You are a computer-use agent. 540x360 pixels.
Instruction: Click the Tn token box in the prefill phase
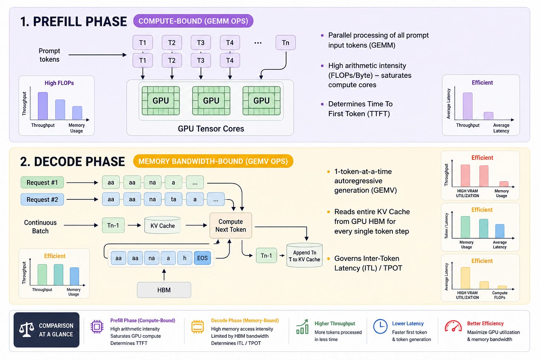point(286,43)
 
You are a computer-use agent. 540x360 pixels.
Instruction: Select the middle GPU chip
point(211,100)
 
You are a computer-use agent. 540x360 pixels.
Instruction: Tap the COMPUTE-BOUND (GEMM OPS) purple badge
point(193,21)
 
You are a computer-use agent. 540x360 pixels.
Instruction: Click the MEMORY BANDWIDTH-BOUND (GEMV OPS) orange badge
point(213,161)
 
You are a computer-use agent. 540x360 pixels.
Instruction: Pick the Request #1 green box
point(42,182)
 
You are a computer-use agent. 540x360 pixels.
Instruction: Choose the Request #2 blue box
point(42,199)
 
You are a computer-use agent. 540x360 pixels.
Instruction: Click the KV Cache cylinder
point(162,225)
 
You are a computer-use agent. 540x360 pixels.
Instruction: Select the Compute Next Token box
point(231,225)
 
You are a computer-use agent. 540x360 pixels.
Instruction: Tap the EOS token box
point(202,258)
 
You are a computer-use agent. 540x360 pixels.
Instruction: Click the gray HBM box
point(164,290)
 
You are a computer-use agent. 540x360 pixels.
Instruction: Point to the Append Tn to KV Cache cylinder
point(304,255)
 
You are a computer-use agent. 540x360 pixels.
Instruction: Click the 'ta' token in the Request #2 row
point(173,199)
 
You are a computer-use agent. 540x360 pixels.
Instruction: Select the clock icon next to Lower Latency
point(380,327)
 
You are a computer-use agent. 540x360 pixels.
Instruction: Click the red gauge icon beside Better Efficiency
point(453,326)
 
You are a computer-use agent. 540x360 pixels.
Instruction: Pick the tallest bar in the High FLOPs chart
point(43,106)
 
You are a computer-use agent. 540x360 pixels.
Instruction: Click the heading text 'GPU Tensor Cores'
point(211,129)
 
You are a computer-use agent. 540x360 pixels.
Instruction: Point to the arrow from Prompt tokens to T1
point(98,55)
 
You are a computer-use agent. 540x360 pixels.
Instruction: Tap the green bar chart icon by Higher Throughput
point(302,327)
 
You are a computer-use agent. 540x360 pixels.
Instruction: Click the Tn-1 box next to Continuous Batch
point(113,225)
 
